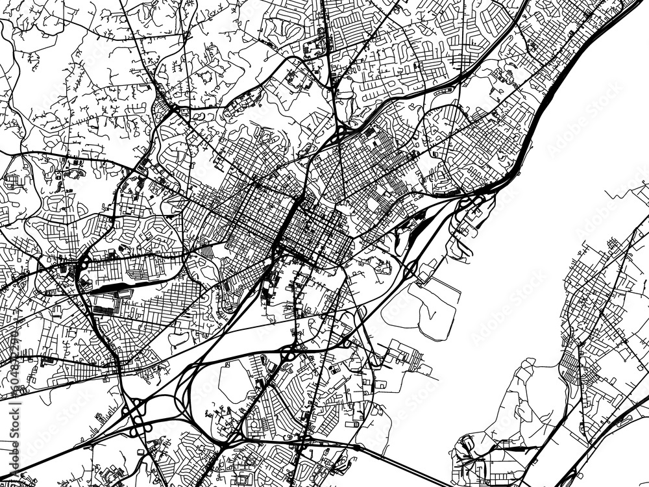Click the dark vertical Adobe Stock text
click(x=14, y=416)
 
